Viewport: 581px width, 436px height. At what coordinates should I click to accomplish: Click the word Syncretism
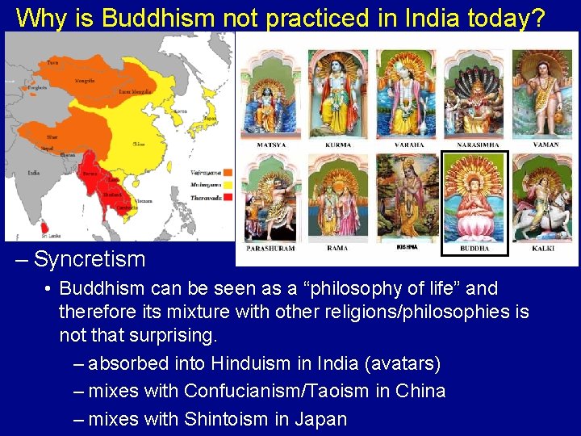pos(90,259)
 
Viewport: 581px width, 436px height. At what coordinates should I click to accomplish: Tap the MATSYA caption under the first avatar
pos(271,145)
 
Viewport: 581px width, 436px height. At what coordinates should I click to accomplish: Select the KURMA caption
pos(338,145)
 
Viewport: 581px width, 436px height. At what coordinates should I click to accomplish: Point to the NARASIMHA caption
pos(474,145)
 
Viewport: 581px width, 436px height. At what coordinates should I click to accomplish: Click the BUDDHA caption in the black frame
pos(474,249)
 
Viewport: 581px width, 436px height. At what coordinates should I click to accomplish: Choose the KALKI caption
pos(543,249)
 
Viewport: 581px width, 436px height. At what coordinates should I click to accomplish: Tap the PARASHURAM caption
pos(271,249)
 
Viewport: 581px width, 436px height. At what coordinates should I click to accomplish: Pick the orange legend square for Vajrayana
pos(228,172)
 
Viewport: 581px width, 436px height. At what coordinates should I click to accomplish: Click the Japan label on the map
pos(209,118)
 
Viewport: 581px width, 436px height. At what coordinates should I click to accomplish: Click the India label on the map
pos(34,172)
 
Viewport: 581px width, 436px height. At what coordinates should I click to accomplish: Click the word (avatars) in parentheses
pos(403,363)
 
